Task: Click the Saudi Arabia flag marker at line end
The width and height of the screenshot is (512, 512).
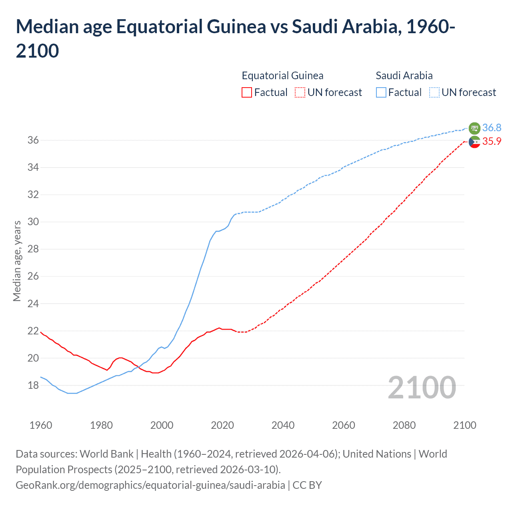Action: (474, 128)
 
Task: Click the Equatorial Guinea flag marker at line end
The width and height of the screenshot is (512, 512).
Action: (474, 142)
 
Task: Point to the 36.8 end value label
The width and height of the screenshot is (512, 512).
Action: (492, 128)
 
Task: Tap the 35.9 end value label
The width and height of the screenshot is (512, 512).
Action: (492, 141)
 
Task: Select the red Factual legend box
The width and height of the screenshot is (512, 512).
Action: (247, 92)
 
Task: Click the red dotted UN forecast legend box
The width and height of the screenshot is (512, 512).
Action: (300, 92)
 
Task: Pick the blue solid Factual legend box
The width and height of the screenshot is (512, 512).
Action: (381, 92)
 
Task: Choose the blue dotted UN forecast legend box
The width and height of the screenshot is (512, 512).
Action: (434, 92)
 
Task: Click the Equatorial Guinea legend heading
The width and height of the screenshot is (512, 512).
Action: (282, 76)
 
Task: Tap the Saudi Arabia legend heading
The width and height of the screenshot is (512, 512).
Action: (404, 76)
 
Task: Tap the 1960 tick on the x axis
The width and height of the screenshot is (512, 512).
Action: (41, 425)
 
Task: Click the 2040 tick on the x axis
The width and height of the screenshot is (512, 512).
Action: (283, 425)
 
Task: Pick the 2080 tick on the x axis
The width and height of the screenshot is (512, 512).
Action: (404, 425)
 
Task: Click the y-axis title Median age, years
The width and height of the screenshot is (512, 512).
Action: (17, 261)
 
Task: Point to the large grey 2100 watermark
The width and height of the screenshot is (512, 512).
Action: (422, 387)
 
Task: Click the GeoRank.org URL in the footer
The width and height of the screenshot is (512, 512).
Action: (150, 485)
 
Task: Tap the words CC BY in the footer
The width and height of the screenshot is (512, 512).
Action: (307, 485)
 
